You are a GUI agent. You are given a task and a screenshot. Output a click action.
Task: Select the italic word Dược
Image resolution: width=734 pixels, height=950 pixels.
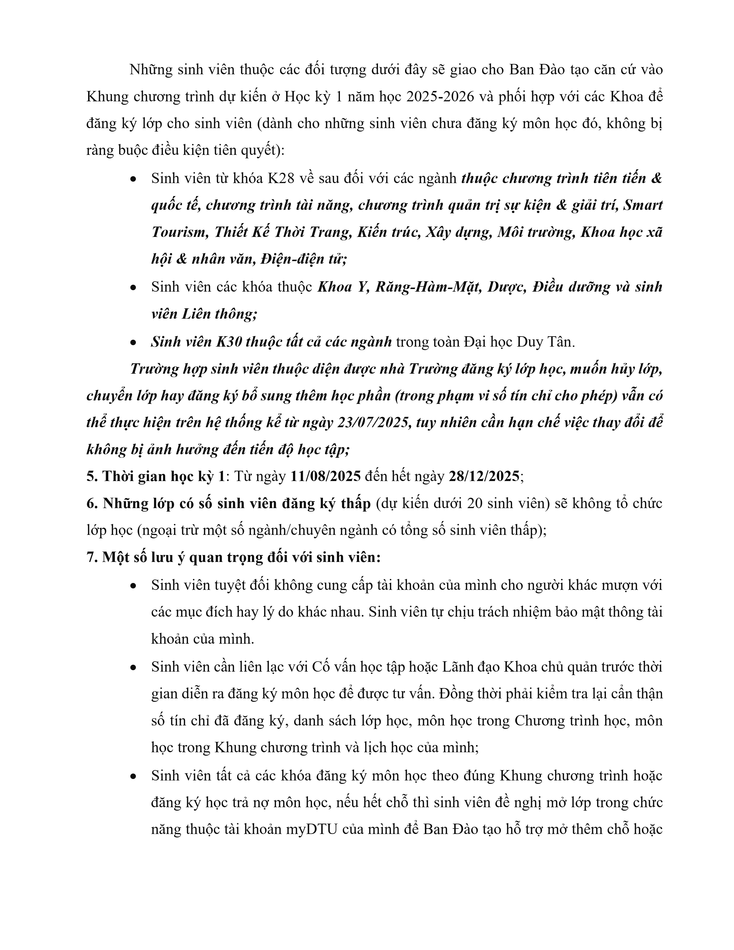coord(506,287)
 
